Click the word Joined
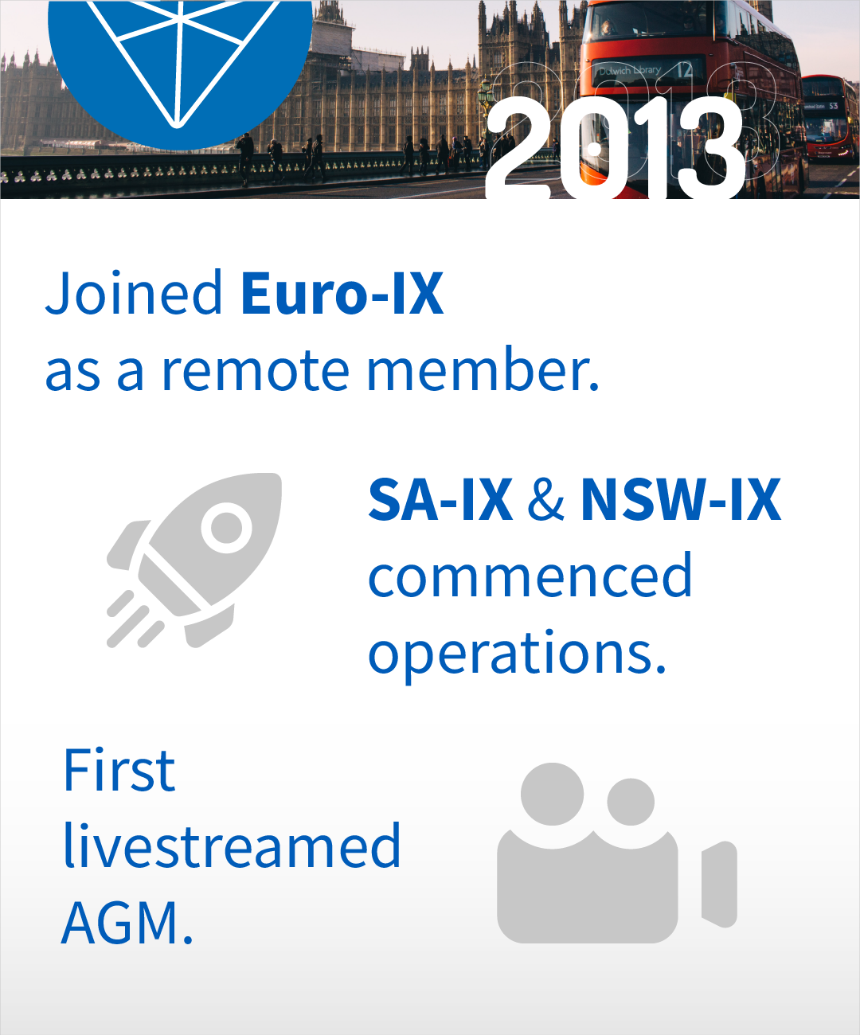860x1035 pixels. click(x=134, y=293)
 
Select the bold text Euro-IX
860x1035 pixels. click(x=342, y=293)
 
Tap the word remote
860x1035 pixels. click(x=256, y=369)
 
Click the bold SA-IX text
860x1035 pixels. click(x=440, y=500)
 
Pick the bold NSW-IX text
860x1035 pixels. click(x=681, y=500)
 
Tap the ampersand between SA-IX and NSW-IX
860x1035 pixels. click(x=545, y=500)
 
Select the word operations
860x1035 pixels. click(x=517, y=654)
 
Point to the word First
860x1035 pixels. click(x=119, y=770)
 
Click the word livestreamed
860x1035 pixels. click(x=232, y=845)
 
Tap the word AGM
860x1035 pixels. click(x=127, y=923)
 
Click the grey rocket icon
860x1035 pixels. click(x=194, y=560)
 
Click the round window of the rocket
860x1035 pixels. click(x=226, y=527)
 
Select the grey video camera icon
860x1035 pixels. click(x=617, y=853)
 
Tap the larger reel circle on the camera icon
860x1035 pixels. click(x=552, y=794)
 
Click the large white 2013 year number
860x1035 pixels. click(x=615, y=147)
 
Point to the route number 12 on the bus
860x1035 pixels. click(x=685, y=70)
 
